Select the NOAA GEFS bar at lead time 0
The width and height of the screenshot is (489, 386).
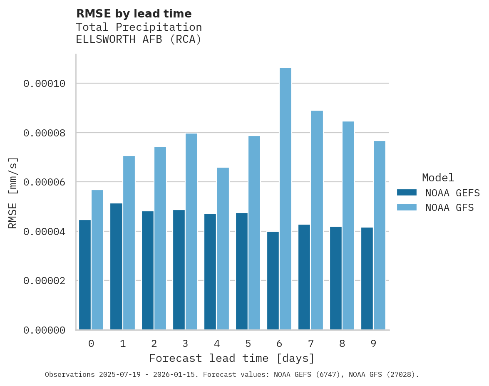click(x=85, y=275)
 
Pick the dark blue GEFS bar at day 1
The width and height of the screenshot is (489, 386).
click(x=116, y=266)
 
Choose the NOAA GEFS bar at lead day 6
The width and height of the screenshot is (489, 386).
click(x=273, y=281)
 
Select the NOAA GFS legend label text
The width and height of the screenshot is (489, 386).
click(x=449, y=208)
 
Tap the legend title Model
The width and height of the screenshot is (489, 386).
click(x=438, y=178)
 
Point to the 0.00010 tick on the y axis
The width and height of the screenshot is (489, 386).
click(x=45, y=84)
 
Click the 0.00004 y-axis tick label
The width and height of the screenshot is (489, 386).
click(x=45, y=231)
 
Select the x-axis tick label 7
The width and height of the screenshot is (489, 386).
click(x=310, y=344)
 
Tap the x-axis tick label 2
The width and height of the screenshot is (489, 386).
click(x=154, y=344)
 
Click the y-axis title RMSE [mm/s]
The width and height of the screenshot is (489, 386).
click(x=13, y=193)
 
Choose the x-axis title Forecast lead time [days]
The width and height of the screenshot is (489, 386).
click(x=232, y=358)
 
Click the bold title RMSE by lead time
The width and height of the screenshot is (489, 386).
click(x=134, y=14)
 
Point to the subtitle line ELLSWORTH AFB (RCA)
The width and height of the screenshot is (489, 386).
click(x=139, y=40)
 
